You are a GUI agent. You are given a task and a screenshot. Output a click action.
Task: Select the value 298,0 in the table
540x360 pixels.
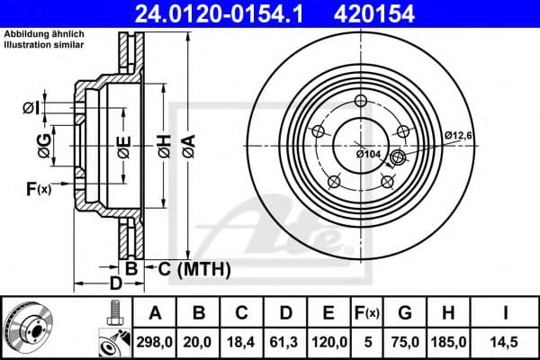pos(155,340)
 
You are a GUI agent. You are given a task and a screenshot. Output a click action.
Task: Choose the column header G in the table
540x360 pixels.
pos(404,313)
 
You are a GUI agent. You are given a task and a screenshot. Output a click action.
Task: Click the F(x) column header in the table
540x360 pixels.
pos(369,313)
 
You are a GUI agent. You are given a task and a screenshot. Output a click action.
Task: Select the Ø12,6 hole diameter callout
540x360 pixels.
pos(458,135)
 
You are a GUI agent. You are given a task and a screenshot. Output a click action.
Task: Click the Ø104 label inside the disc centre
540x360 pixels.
pos(369,154)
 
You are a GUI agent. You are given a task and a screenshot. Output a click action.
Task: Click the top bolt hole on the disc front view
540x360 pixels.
pos(361,101)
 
